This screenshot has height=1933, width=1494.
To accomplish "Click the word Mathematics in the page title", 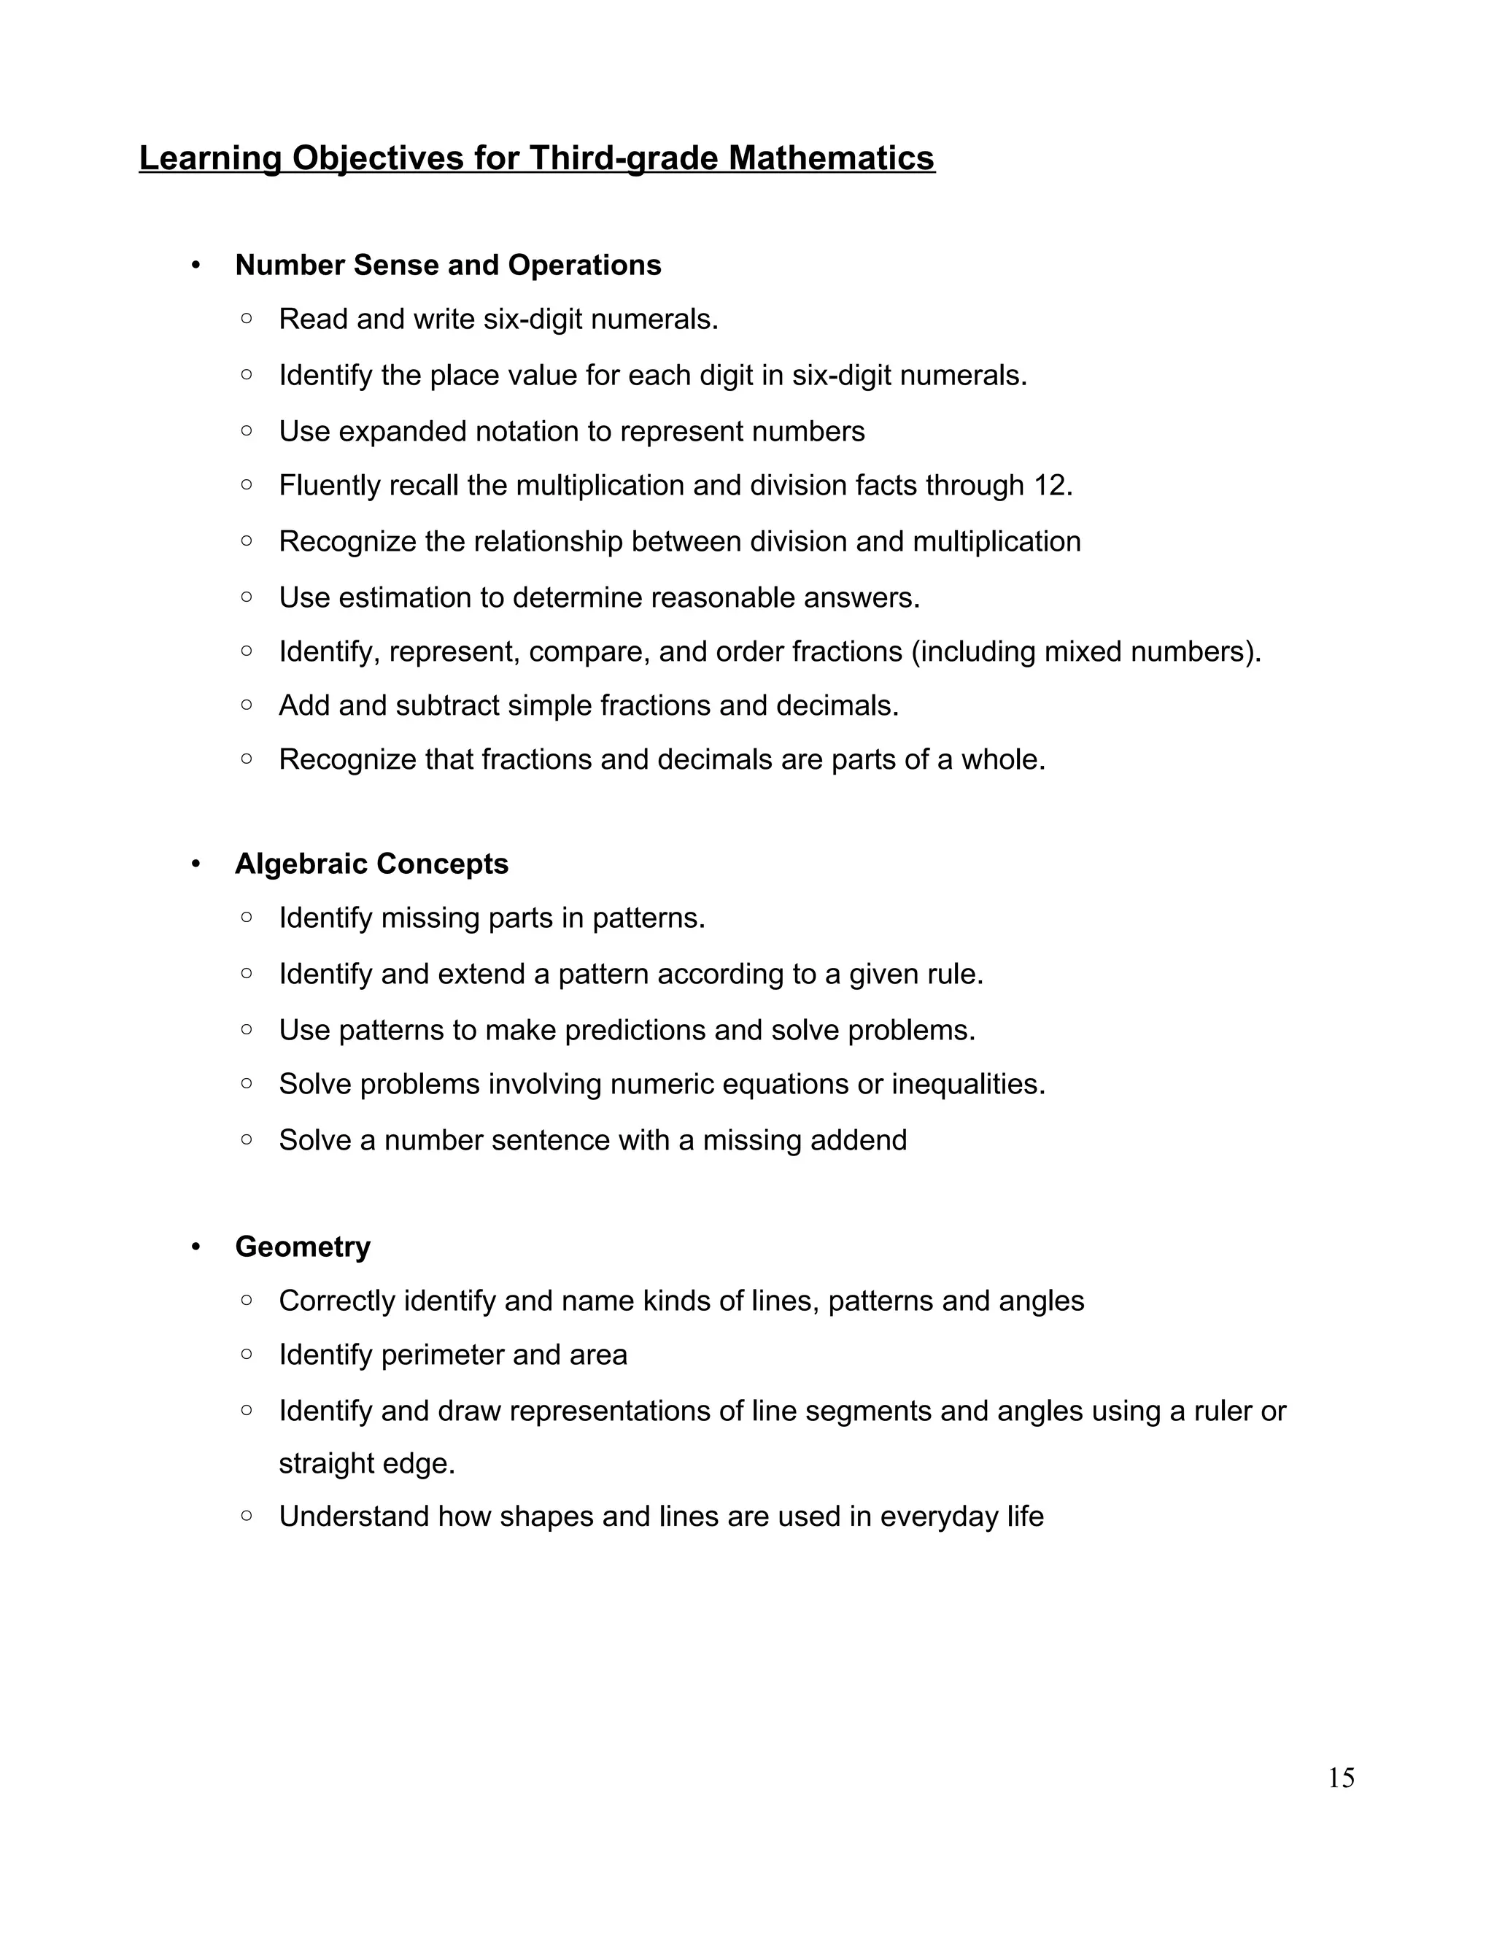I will [x=832, y=158].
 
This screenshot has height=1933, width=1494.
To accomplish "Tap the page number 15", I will [x=1341, y=1777].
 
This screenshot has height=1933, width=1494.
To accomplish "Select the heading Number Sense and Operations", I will [x=448, y=266].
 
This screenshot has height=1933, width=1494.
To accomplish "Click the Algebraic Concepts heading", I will [x=372, y=864].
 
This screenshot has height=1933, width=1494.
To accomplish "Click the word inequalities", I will [x=967, y=1084].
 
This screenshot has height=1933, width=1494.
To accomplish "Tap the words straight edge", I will [x=366, y=1463].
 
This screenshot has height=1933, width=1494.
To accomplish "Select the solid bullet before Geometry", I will [x=196, y=1247].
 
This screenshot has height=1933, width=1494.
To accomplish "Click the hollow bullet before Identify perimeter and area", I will [x=247, y=1354].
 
